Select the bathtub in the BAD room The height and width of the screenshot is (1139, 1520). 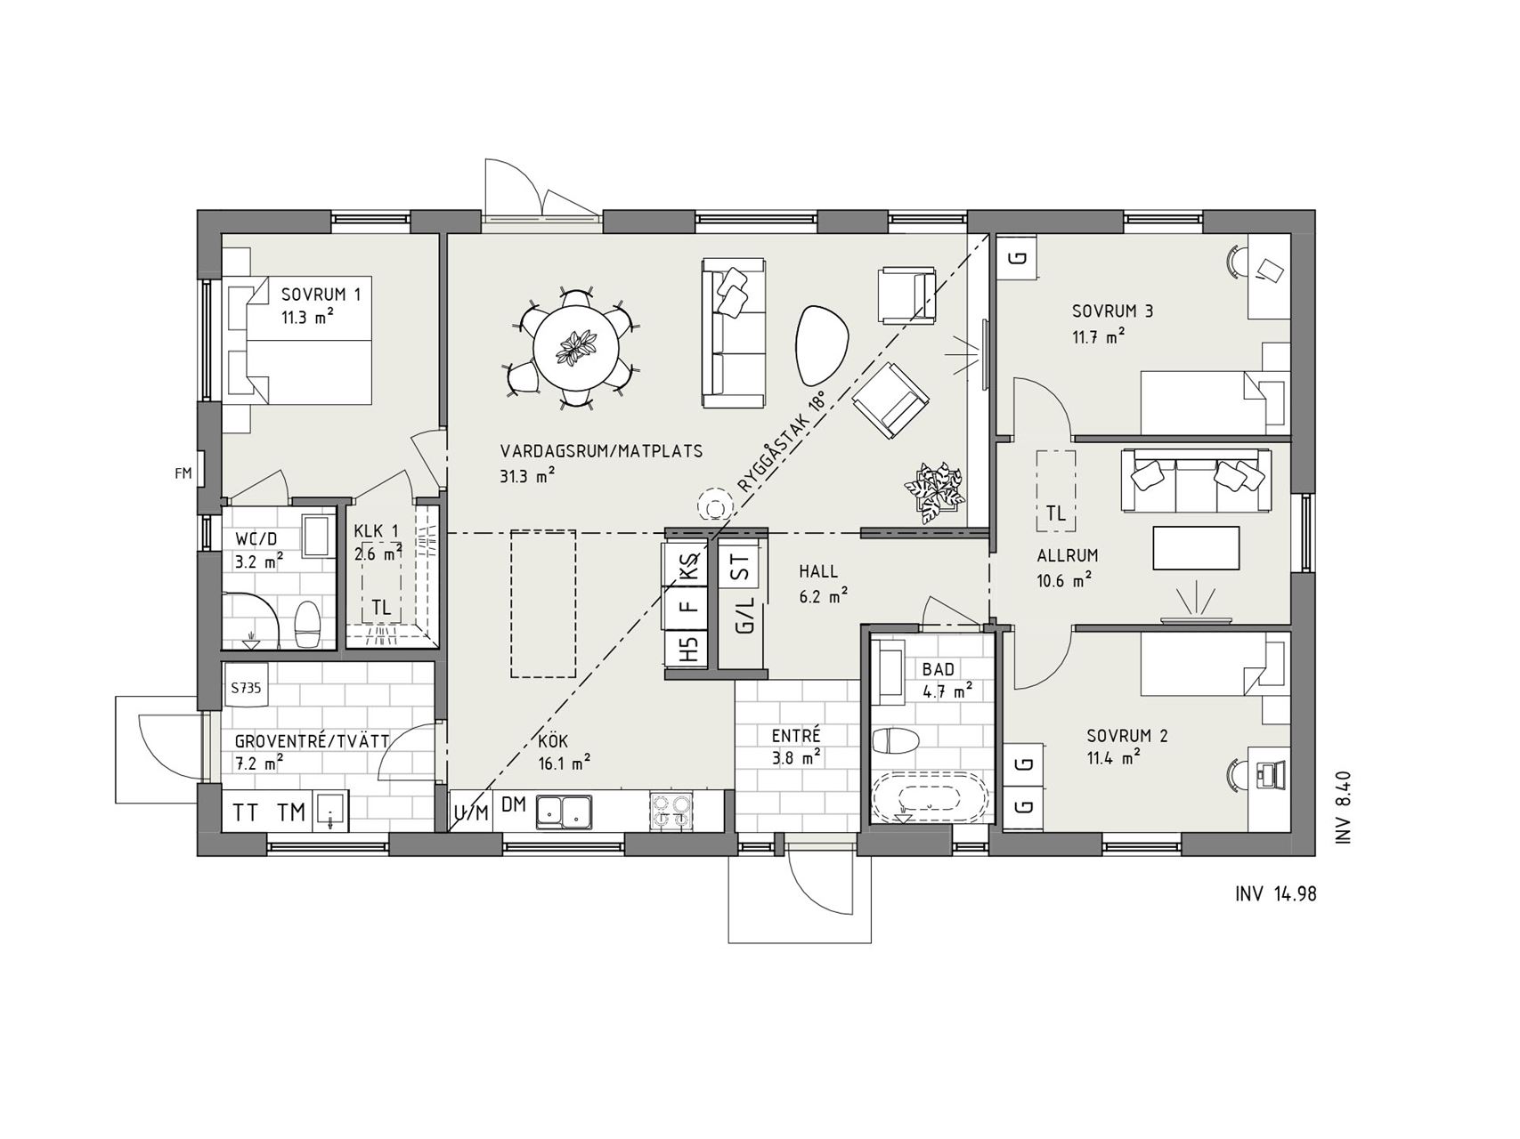coord(923,797)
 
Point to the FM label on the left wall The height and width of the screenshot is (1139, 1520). coord(183,473)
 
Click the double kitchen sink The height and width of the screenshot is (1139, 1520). coord(565,810)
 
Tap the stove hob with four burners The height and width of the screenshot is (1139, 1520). coord(671,811)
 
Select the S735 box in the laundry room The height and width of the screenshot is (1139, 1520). coord(248,687)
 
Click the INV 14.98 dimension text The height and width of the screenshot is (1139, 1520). coord(1275,893)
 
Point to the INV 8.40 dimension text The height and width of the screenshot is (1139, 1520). coord(1344,806)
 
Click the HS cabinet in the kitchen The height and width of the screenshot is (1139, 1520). coord(688,648)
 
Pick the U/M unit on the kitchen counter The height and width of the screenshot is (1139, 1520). coord(471,811)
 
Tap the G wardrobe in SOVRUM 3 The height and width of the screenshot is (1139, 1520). coord(1020,258)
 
